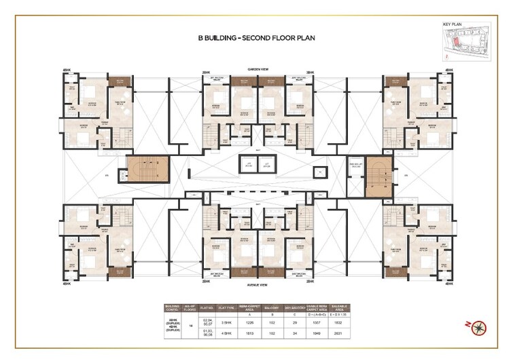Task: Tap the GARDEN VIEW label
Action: [x=257, y=69]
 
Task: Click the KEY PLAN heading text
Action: [x=452, y=24]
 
